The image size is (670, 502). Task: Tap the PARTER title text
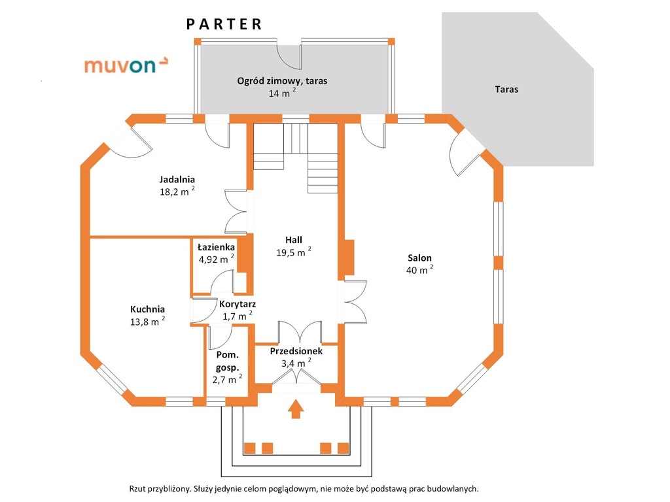coord(224,24)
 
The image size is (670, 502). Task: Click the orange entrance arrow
coord(296,409)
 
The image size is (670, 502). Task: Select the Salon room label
coord(419,258)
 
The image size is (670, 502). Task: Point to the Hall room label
coord(293,239)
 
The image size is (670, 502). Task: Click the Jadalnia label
coord(177,179)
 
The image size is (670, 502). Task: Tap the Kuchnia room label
coord(147,309)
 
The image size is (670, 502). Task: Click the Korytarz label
coord(237,304)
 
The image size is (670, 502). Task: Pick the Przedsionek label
coord(296,351)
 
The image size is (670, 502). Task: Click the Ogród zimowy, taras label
coord(282,81)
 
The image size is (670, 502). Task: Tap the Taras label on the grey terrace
coord(506,89)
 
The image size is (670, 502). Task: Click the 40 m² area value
coord(419,270)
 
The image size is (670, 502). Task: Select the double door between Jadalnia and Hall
coord(236,212)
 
